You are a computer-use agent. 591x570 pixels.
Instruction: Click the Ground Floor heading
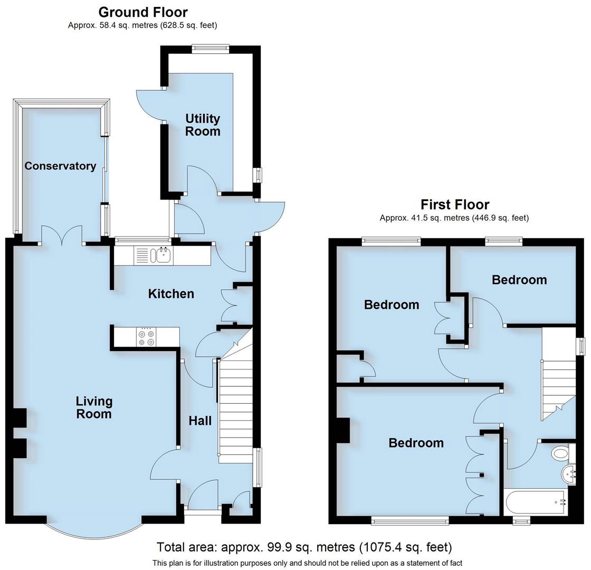pos(142,12)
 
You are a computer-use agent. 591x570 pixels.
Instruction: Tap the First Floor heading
pos(454,204)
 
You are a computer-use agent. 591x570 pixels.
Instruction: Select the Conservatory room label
pos(60,166)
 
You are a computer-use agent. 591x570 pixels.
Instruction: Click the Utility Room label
pos(202,125)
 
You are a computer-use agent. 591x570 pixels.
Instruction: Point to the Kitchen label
pos(170,294)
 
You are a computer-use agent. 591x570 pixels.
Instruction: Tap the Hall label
pos(200,421)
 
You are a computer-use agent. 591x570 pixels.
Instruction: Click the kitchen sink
pos(161,256)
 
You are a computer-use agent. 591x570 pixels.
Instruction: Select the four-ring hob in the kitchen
pos(146,338)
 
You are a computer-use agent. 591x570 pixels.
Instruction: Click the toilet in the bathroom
pos(559,453)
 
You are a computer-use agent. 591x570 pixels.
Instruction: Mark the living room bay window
pos(93,528)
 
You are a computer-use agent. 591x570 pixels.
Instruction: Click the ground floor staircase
pos(235,406)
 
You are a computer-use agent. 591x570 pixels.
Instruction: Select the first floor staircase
pos(559,380)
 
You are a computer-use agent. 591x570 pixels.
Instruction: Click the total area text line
pos(304,547)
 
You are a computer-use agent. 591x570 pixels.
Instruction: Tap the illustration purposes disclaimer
pos(307,563)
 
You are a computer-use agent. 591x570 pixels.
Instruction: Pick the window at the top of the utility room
pos(210,49)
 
